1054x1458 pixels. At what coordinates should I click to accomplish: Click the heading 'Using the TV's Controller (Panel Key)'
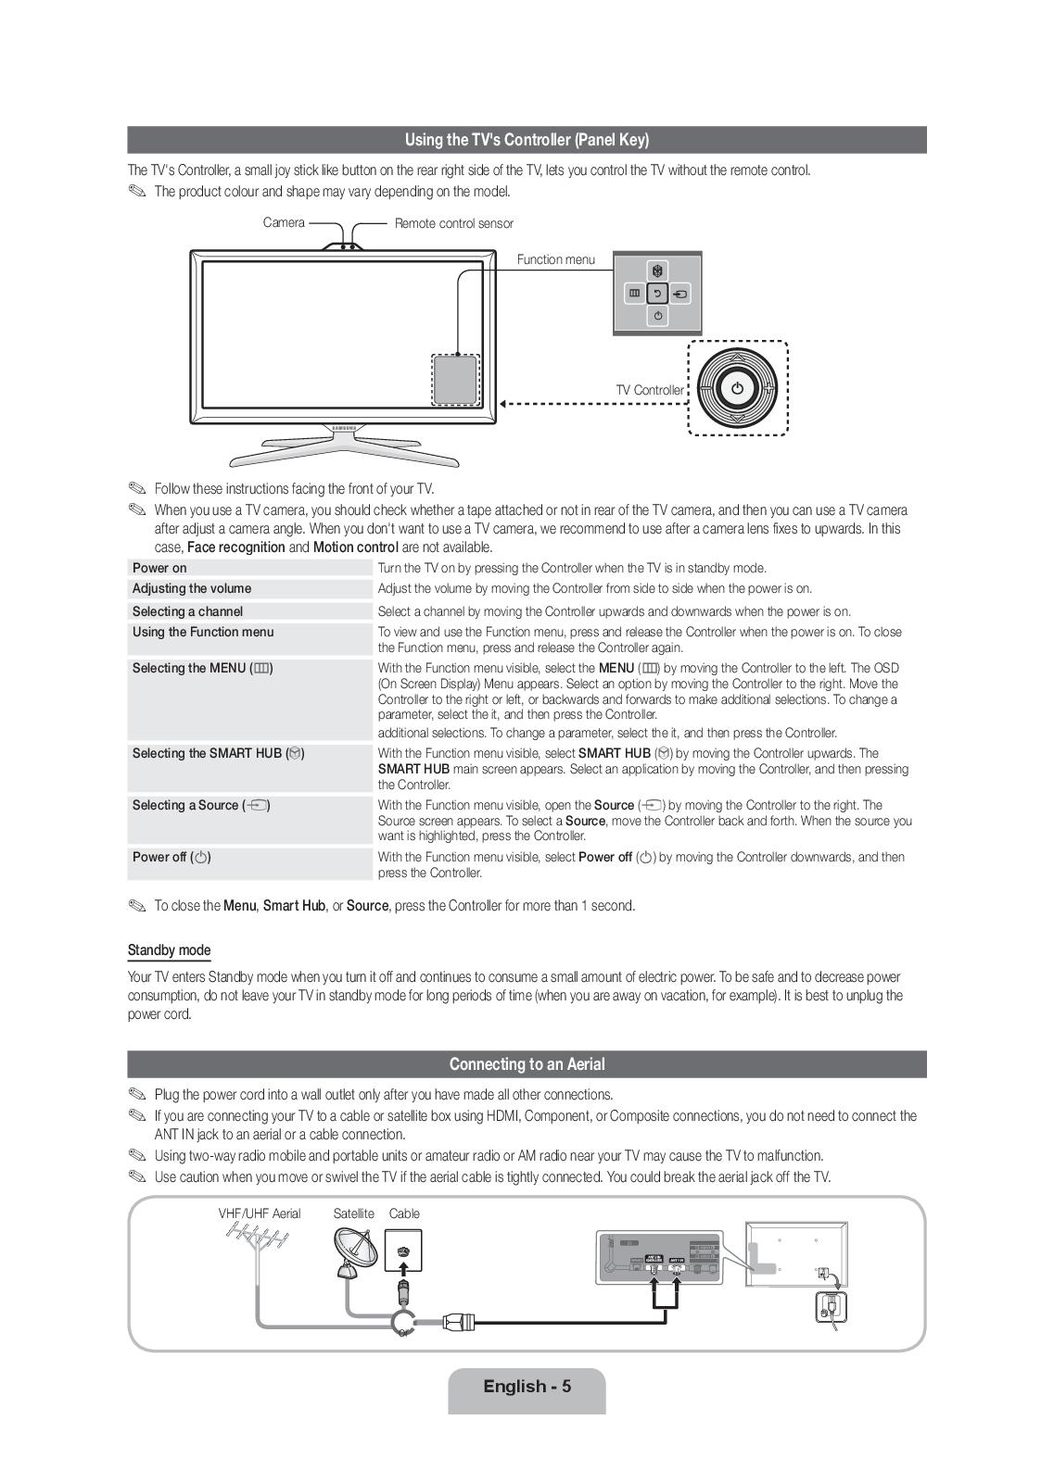click(527, 140)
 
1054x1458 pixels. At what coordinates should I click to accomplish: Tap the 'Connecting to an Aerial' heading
click(527, 1064)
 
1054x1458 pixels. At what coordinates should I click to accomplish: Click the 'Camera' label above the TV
click(284, 222)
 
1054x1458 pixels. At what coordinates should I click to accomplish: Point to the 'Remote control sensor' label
click(453, 223)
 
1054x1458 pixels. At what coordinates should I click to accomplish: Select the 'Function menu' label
click(556, 259)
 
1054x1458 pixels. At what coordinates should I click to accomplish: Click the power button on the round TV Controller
click(737, 388)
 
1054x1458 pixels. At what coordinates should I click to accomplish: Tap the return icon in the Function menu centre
click(657, 294)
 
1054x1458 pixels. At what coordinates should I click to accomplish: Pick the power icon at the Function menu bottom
click(657, 317)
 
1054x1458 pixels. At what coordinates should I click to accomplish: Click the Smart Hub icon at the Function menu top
click(657, 270)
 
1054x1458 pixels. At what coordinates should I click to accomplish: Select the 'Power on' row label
click(159, 568)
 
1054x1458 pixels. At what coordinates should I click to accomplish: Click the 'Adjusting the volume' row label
click(192, 588)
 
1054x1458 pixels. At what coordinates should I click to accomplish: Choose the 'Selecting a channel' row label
click(187, 611)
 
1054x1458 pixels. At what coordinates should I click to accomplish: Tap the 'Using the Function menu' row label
click(203, 632)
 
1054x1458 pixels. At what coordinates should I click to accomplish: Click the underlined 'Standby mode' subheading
click(169, 950)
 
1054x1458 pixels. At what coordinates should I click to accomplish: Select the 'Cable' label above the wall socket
click(404, 1213)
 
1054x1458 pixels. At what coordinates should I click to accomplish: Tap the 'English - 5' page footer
click(527, 1387)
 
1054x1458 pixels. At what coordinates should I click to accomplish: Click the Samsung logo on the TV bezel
click(344, 428)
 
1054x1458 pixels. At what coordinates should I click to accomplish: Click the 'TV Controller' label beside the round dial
click(650, 390)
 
